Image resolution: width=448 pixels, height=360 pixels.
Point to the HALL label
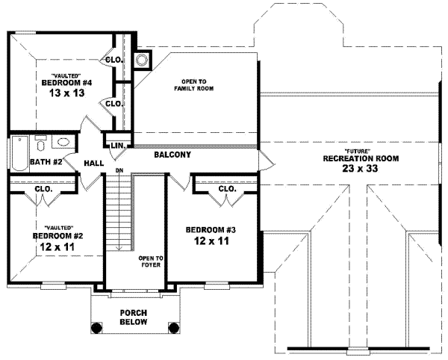93,162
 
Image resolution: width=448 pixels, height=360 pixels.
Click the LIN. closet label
117,146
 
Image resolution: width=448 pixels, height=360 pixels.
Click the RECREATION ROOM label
361,159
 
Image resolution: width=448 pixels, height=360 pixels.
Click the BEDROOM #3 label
211,229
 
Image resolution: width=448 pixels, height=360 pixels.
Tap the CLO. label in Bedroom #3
228,189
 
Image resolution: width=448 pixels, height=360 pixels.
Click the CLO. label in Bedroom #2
43,189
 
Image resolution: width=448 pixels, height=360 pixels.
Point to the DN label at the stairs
118,171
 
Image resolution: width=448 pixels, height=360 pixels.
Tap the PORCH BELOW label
134,317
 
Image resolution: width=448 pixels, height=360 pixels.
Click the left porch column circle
96,327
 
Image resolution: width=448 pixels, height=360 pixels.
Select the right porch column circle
174,327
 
